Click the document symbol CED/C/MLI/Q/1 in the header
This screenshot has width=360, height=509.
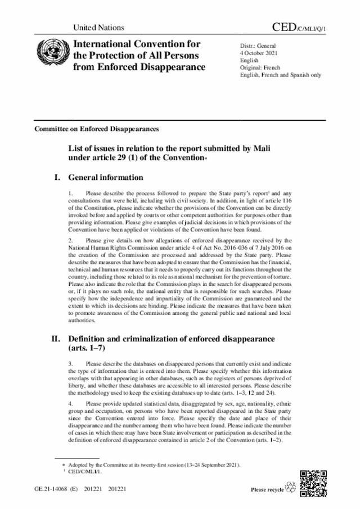point(300,26)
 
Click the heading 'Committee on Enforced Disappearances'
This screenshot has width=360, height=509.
point(96,128)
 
